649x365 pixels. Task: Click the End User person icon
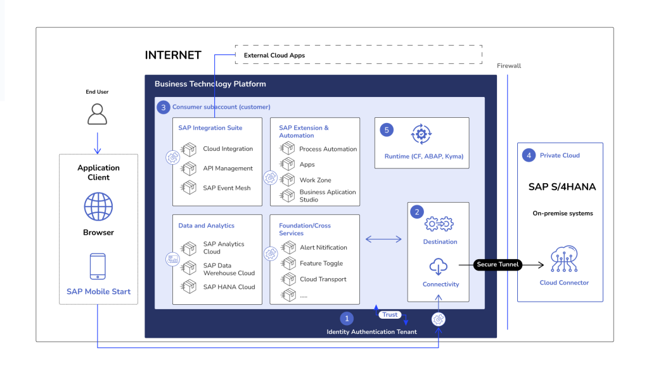click(x=97, y=114)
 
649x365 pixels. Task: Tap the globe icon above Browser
click(x=98, y=207)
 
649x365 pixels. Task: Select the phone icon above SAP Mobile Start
click(x=98, y=267)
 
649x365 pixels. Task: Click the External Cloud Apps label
click(x=274, y=56)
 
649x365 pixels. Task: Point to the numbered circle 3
click(x=164, y=108)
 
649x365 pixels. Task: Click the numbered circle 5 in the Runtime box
click(x=387, y=130)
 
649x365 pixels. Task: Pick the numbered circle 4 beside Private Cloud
click(x=529, y=156)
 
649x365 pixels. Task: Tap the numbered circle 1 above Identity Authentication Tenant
click(x=347, y=319)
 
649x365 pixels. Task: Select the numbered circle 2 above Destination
click(x=417, y=212)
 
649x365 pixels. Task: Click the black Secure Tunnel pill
click(x=498, y=264)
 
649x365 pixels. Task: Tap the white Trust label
click(x=390, y=315)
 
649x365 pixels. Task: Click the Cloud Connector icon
click(x=564, y=259)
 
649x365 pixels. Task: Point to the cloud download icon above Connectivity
click(x=439, y=267)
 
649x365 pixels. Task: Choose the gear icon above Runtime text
click(x=421, y=134)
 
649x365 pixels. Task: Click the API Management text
click(x=228, y=169)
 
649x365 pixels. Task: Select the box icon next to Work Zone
click(x=287, y=179)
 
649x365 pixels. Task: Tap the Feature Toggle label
click(x=321, y=264)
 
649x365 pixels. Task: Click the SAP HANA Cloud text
click(x=229, y=287)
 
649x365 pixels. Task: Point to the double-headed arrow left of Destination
click(x=383, y=239)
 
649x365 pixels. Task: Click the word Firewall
click(x=509, y=66)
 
